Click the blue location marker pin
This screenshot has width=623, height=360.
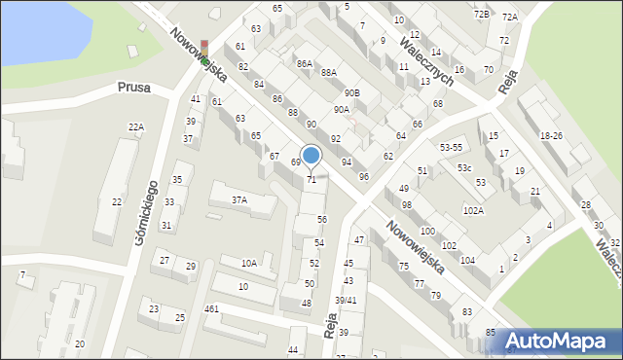point(311,156)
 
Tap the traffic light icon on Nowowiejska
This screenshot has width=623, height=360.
point(204,52)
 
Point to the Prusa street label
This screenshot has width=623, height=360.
point(133,87)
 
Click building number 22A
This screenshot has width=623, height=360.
point(136,127)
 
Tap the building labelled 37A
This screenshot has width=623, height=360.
point(238,199)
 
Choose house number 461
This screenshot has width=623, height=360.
point(211,308)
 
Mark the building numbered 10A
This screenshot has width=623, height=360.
point(249,263)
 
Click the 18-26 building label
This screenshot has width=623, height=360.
point(551,135)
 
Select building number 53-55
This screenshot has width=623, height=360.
point(451,146)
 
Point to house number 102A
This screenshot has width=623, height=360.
point(473,210)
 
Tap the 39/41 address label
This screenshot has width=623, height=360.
point(346,300)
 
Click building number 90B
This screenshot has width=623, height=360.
point(351,92)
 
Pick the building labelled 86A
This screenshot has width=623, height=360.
point(305,63)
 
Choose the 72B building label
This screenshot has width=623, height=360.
point(481,15)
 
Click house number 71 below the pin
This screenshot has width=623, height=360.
point(311,180)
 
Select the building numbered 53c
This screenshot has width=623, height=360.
point(464,168)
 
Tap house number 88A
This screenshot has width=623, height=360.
point(329,72)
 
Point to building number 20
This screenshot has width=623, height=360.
point(80,344)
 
